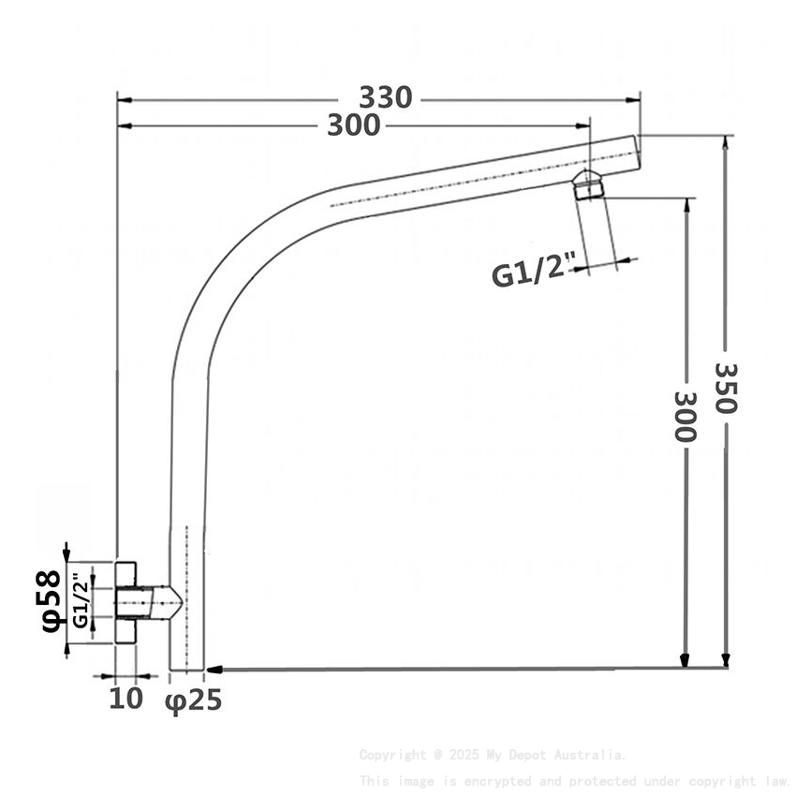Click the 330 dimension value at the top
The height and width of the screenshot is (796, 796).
tap(386, 97)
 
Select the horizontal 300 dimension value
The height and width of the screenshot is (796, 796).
tap(353, 125)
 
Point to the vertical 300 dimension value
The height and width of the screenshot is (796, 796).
tap(685, 416)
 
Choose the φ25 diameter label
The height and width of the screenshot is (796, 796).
tap(194, 700)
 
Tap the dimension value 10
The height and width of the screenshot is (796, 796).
tap(125, 698)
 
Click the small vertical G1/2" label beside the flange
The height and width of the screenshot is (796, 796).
tap(81, 603)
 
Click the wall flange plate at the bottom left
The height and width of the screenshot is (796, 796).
tap(125, 601)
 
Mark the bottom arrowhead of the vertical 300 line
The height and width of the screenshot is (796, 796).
tap(685, 659)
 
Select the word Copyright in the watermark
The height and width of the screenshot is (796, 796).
tap(392, 754)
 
